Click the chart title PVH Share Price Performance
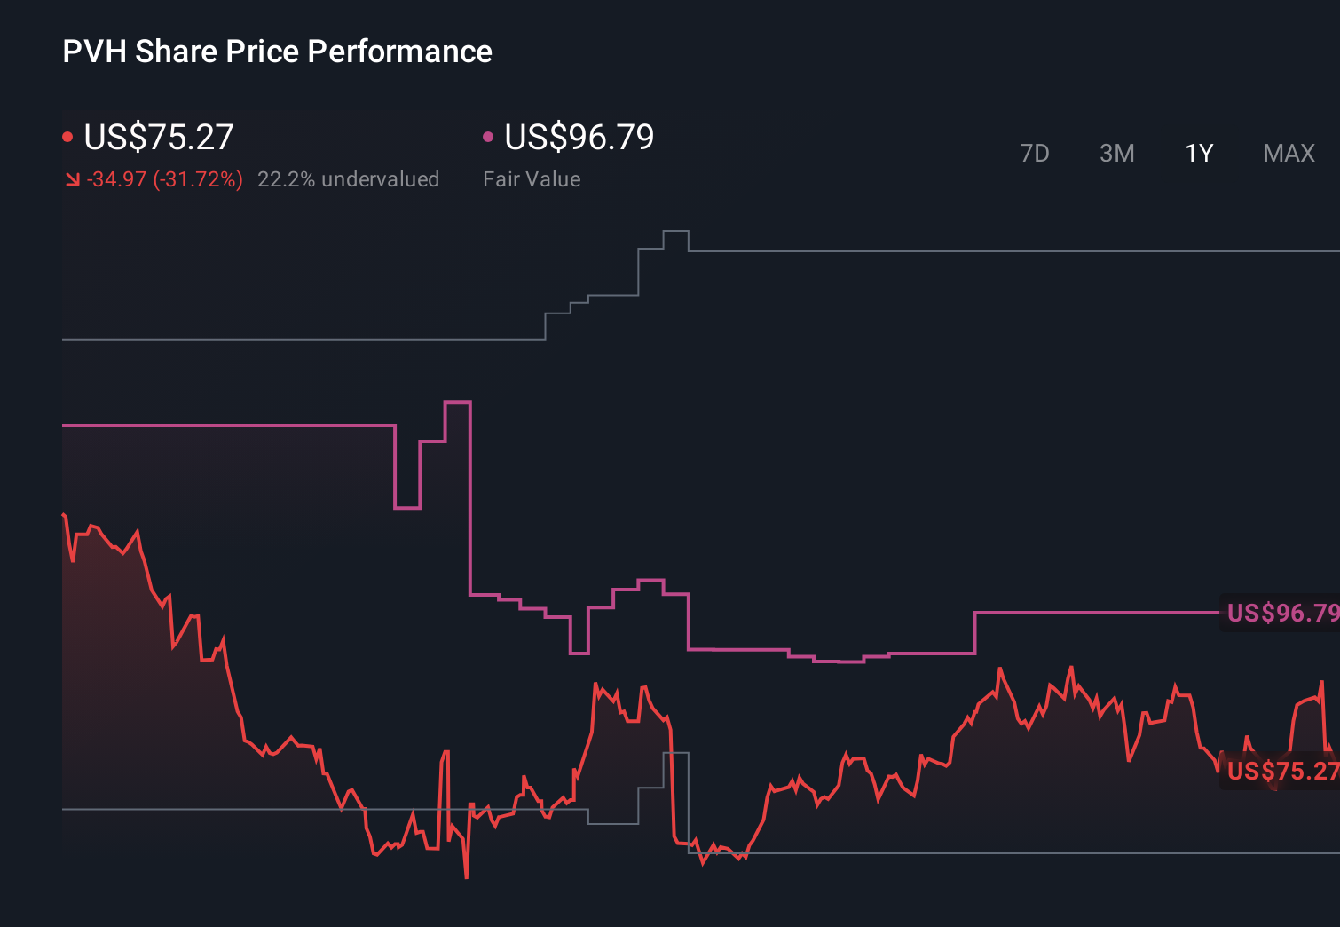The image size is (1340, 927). [x=277, y=51]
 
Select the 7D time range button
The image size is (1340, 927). [x=1034, y=154]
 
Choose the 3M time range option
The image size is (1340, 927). [x=1116, y=154]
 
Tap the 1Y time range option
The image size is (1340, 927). [x=1199, y=154]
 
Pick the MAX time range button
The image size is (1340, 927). [x=1289, y=154]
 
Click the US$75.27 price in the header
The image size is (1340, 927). [x=158, y=138]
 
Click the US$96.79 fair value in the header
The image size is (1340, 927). [x=579, y=138]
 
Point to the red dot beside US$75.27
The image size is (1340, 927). [x=67, y=137]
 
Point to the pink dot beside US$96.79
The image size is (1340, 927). [x=487, y=137]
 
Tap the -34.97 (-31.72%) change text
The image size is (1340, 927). [x=164, y=179]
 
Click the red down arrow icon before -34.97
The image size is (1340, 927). [x=72, y=180]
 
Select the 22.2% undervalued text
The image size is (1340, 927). [x=348, y=179]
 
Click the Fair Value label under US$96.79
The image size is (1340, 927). [x=532, y=179]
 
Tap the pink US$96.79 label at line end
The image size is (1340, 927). [x=1281, y=613]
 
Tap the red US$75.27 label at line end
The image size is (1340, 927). [x=1281, y=771]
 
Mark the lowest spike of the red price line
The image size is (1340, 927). [x=466, y=876]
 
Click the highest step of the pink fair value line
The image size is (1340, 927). [x=457, y=403]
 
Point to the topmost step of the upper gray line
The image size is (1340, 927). [x=675, y=231]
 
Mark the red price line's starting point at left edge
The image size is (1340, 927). [x=63, y=514]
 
